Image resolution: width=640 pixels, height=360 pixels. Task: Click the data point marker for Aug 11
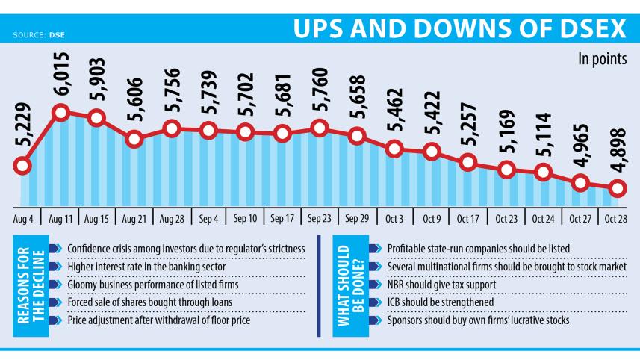60,113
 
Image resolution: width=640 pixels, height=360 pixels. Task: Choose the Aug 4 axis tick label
22,220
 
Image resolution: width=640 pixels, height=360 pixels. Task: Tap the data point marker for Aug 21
134,138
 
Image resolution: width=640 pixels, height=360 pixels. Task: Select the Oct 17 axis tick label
468,220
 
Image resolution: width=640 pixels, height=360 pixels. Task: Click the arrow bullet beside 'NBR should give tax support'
373,285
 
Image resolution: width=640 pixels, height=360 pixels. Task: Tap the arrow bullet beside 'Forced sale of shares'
53,303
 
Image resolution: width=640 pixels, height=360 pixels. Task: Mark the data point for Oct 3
394,149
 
